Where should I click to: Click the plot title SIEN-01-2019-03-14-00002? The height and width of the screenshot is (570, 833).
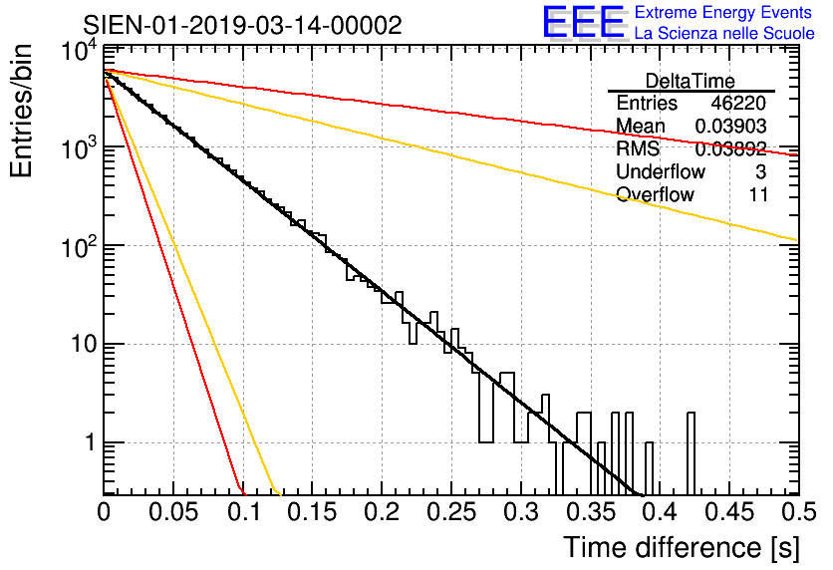point(242,25)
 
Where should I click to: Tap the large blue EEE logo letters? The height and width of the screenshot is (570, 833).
point(583,23)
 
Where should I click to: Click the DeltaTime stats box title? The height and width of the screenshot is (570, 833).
point(690,81)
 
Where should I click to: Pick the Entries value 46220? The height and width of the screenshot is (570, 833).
point(739,104)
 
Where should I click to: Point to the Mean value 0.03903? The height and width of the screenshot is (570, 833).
point(730,127)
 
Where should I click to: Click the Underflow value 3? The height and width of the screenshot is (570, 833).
point(760,172)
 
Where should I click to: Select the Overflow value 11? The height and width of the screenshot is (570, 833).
point(758,195)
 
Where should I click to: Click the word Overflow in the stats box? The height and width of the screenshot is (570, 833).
point(655,195)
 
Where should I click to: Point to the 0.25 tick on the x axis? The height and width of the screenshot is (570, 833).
point(450,511)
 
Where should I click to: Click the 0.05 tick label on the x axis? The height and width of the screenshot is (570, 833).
point(173,511)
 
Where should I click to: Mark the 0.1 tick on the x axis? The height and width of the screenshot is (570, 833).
point(243,511)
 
